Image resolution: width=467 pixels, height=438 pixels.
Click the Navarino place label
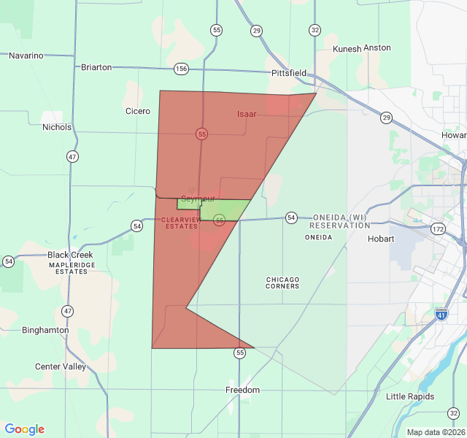[x=26, y=55]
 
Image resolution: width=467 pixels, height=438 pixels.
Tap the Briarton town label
[x=96, y=67]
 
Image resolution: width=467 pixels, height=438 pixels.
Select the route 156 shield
[x=182, y=69]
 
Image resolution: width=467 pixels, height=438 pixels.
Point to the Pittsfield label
[x=289, y=74]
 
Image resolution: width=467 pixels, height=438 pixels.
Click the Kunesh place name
[x=347, y=48]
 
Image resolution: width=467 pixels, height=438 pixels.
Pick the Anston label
[x=377, y=48]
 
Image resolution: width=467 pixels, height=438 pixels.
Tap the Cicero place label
[x=137, y=112]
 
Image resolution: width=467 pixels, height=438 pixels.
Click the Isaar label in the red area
[x=247, y=115]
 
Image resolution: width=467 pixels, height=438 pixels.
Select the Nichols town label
[x=57, y=127]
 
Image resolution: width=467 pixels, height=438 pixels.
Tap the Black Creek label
[x=71, y=255]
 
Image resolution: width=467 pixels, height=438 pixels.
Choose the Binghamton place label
[x=45, y=330]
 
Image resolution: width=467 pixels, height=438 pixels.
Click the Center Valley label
[x=60, y=366]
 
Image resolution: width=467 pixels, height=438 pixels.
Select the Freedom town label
[x=242, y=390]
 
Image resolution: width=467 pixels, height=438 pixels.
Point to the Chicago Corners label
[x=282, y=283]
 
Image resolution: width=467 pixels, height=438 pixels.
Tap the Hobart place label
[x=381, y=239]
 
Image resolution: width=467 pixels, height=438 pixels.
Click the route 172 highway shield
[x=438, y=229]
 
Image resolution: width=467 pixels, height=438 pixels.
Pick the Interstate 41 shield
[x=441, y=314]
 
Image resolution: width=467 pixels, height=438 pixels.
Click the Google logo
[x=25, y=429]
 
